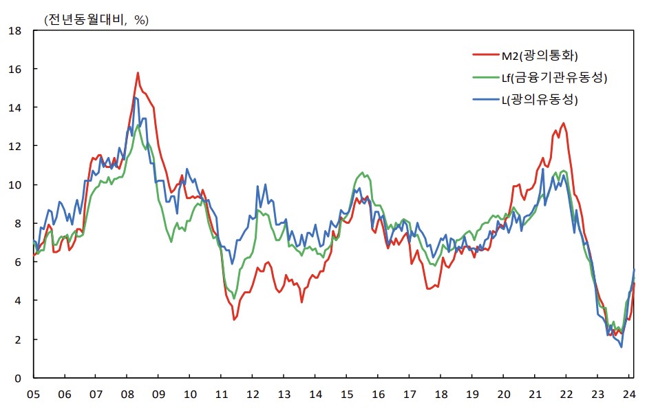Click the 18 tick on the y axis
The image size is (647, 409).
click(x=15, y=30)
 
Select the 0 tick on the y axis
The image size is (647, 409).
click(x=19, y=378)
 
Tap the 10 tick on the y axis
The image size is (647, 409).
click(x=15, y=185)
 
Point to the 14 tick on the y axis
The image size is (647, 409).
click(x=15, y=107)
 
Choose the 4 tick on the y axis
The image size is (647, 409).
click(x=19, y=301)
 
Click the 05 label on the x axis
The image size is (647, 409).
click(x=33, y=395)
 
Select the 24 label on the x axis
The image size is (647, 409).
click(x=629, y=395)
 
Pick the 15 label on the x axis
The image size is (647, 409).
click(x=347, y=395)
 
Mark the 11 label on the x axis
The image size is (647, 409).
click(x=221, y=395)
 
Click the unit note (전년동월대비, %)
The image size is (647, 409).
click(x=96, y=20)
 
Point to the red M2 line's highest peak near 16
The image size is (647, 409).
click(x=138, y=73)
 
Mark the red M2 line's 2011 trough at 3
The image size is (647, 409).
click(x=235, y=319)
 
